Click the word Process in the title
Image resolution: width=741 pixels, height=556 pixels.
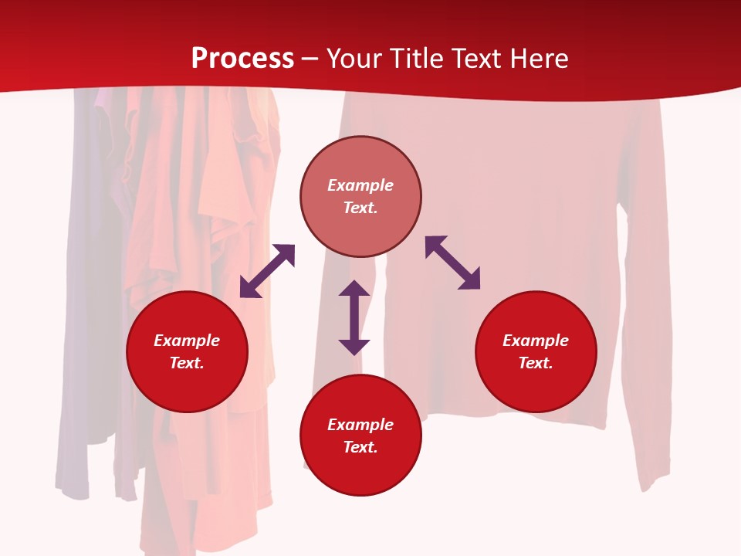click(x=242, y=59)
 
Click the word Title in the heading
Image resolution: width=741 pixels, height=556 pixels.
click(x=417, y=59)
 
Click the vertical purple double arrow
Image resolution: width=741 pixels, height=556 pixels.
click(x=354, y=317)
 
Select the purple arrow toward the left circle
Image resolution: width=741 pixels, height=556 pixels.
click(x=267, y=271)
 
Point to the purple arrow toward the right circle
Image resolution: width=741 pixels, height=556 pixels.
click(x=452, y=263)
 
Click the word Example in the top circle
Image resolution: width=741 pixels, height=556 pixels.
click(x=360, y=185)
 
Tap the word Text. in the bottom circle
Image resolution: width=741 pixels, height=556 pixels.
click(x=360, y=447)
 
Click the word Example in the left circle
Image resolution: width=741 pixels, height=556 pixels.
click(x=187, y=341)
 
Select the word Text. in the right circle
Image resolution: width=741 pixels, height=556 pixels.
click(x=536, y=363)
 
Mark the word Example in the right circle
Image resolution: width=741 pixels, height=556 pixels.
click(x=536, y=341)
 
